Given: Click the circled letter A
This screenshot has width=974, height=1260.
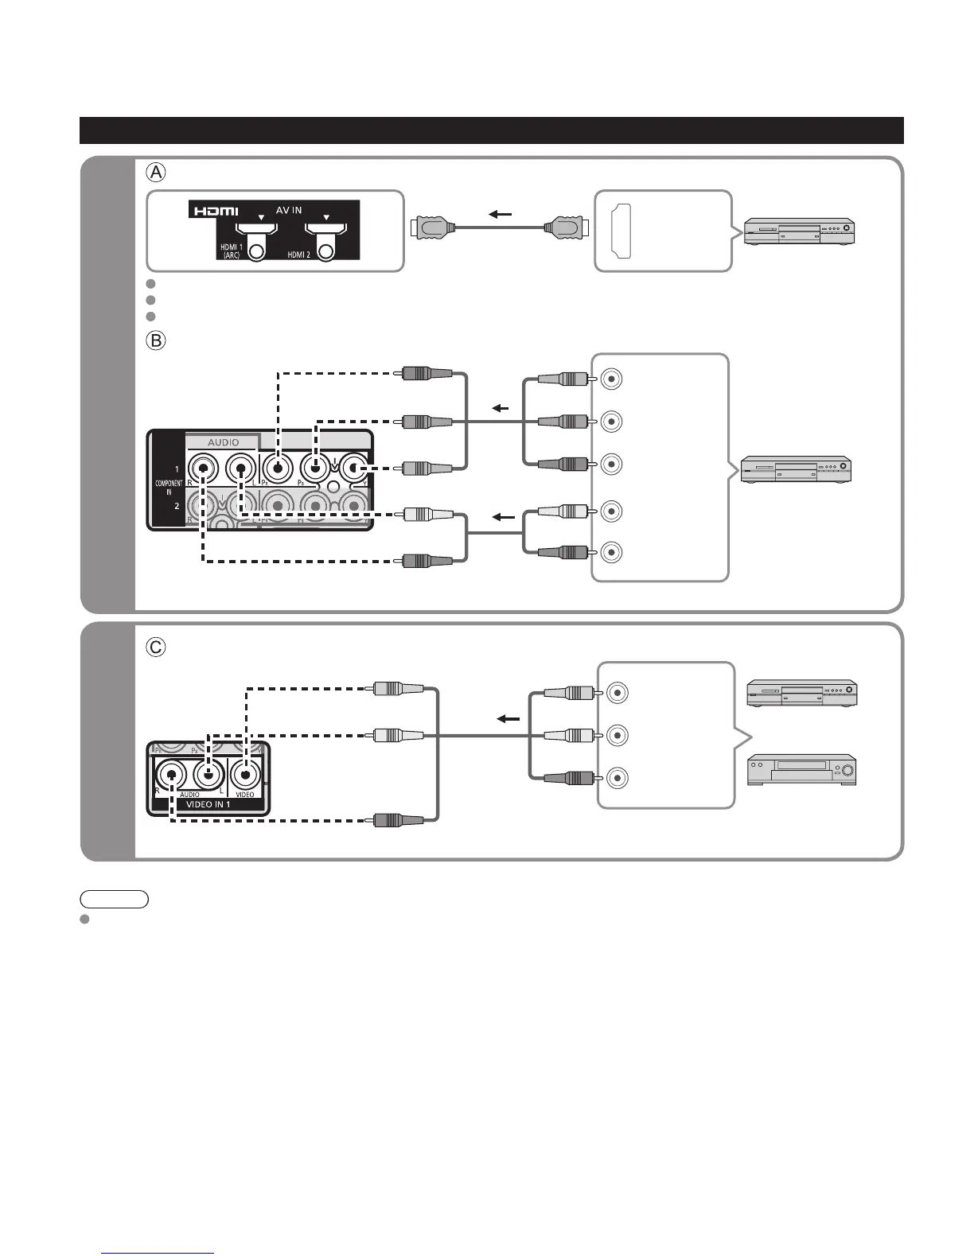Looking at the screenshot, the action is point(156,172).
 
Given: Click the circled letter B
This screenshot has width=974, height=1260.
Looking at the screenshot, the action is point(156,340).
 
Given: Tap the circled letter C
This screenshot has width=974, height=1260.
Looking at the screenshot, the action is point(156,647).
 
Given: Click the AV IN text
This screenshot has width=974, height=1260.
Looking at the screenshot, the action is point(289,211).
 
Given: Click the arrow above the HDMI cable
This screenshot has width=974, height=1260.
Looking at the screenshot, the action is point(500,213).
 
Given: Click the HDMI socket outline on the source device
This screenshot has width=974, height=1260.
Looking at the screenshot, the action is point(620,231).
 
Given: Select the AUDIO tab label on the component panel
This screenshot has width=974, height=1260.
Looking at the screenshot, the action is point(223,442).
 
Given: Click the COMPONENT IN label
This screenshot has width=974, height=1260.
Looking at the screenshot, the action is point(169,488).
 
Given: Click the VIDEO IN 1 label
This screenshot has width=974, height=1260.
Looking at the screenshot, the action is point(208,804).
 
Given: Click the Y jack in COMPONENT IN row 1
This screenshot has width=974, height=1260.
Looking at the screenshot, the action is point(354,467).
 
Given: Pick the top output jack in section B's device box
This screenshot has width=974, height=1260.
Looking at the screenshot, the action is point(611,379).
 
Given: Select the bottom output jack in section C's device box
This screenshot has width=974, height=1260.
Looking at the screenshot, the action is point(618,778).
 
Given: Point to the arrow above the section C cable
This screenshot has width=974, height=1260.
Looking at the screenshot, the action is point(508,718).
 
